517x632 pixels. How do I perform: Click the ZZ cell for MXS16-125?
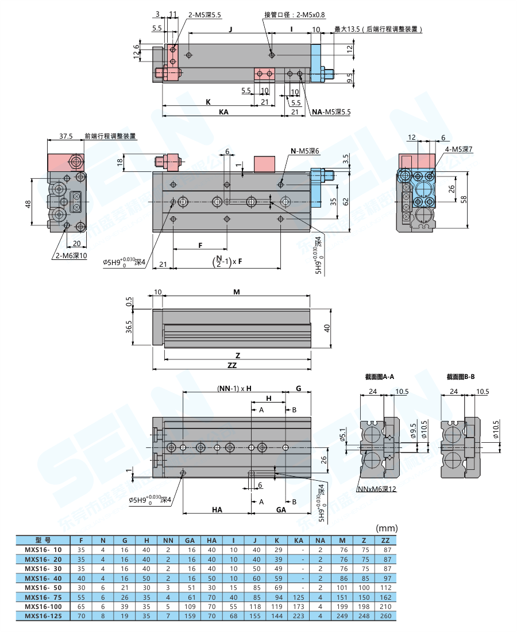click(386, 616)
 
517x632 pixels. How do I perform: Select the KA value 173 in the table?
click(299, 607)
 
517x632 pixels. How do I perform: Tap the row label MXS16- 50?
click(43, 587)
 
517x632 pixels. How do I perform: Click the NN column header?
click(168, 540)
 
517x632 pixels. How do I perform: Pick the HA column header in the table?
click(211, 540)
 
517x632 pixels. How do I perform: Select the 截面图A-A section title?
click(379, 377)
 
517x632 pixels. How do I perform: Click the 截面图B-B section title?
click(461, 377)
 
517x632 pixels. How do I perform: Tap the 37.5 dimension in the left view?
click(66, 136)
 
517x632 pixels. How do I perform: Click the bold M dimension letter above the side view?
click(236, 292)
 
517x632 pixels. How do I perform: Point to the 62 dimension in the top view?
click(346, 202)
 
